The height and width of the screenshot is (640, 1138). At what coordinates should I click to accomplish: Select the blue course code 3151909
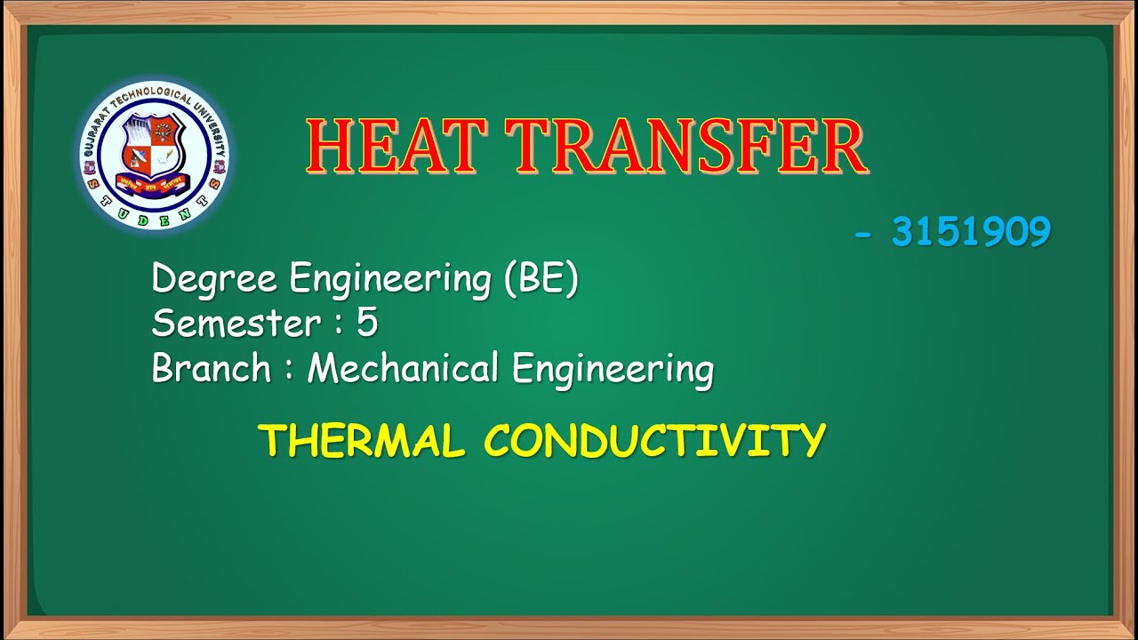[971, 233]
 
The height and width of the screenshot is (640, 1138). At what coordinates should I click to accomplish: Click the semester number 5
[367, 324]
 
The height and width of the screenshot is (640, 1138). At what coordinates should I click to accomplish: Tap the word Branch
[211, 368]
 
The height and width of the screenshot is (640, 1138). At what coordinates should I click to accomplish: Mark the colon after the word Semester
[339, 325]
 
